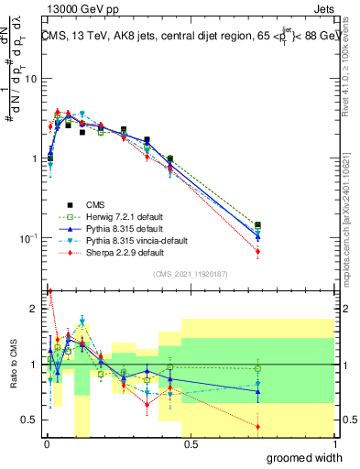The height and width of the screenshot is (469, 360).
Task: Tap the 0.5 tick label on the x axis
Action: [x=191, y=444]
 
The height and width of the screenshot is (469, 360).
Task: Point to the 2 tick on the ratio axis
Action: [x=34, y=309]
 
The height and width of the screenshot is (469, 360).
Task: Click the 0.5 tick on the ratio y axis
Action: [x=29, y=420]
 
